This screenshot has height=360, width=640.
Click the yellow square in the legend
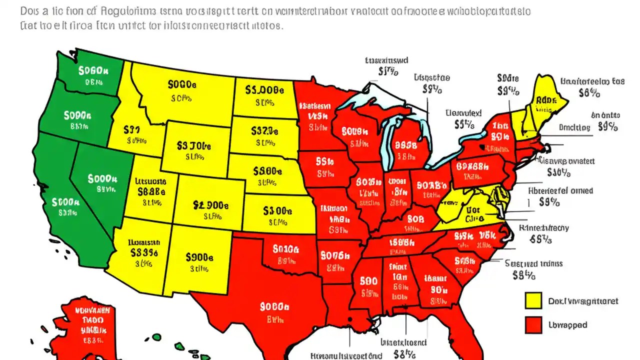click(x=533, y=301)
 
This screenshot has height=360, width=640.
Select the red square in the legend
click(x=533, y=325)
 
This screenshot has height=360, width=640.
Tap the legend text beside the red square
click(x=567, y=325)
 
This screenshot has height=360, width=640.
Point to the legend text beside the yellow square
click(x=583, y=301)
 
